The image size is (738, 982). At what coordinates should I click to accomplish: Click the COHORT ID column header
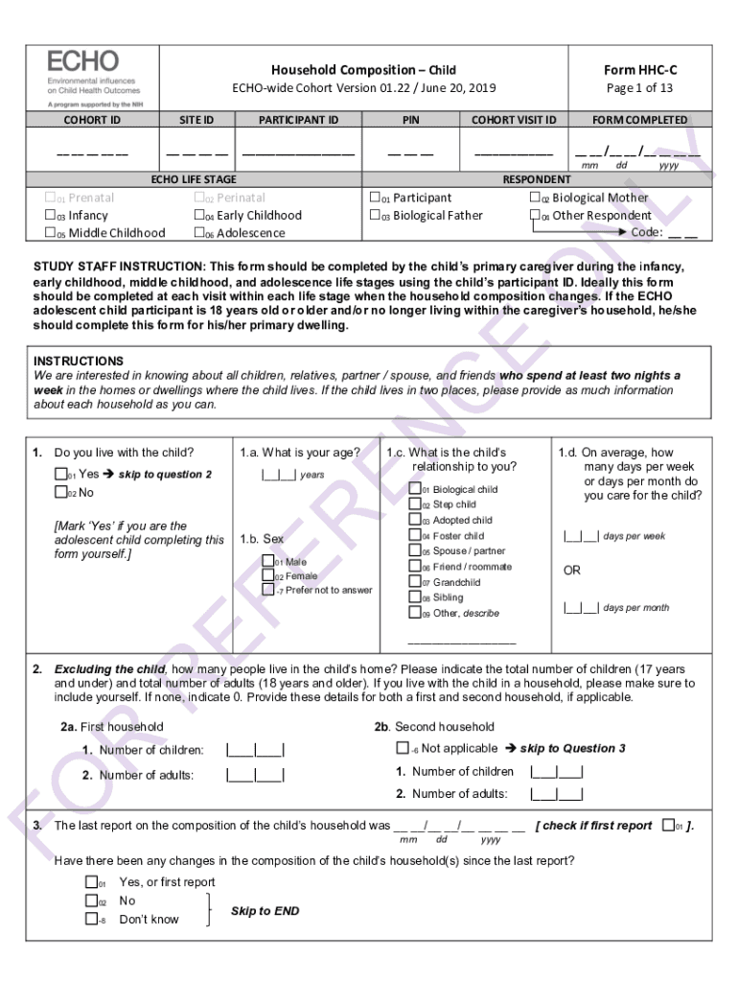click(92, 120)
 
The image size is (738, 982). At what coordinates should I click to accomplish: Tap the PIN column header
click(410, 120)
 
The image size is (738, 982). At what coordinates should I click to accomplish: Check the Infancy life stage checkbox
click(52, 216)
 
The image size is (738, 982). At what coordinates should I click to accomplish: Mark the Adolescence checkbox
click(200, 233)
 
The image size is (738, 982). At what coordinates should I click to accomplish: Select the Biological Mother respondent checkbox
click(536, 198)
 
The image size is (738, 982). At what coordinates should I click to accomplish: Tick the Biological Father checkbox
click(377, 216)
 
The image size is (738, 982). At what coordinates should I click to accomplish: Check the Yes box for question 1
click(61, 474)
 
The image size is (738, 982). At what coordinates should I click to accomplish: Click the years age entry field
click(278, 474)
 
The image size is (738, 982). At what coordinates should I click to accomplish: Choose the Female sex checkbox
click(268, 575)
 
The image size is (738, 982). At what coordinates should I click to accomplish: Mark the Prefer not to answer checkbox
click(268, 590)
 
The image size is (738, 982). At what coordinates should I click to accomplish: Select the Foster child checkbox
click(415, 536)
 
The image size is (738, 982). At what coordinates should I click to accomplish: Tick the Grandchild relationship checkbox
click(415, 582)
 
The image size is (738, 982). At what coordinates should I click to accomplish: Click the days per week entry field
click(581, 536)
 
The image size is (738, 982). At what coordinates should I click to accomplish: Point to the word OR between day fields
click(572, 570)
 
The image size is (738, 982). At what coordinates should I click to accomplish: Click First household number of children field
click(254, 750)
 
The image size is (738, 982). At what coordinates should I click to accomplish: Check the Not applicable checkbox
click(403, 748)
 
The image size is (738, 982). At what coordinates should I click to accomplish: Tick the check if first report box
click(668, 825)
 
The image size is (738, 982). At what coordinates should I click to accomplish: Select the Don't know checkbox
click(91, 919)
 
